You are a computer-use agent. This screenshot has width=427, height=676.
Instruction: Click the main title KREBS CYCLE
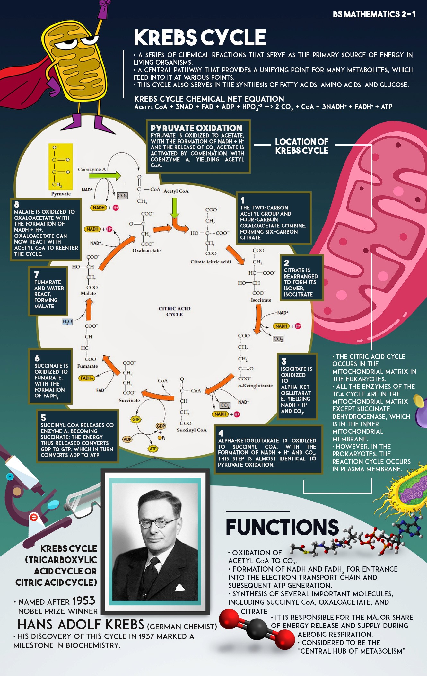point(200,37)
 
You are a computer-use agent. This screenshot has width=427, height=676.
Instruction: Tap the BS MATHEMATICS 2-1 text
point(374,14)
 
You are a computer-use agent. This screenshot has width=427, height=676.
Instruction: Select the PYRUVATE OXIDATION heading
point(196,128)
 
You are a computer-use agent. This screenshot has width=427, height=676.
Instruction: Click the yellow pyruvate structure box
point(60,166)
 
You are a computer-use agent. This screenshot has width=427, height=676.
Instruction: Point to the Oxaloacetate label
point(146,251)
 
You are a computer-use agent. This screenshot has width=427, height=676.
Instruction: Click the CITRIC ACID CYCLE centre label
point(174,311)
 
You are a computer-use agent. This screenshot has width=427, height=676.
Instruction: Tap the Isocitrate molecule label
point(261,300)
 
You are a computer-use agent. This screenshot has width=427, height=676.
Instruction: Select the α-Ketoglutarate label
point(255,386)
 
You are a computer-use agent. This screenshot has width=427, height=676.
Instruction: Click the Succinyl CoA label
point(192,430)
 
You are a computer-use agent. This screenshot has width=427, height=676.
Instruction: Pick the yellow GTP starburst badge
point(136,419)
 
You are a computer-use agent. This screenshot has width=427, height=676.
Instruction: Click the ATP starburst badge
point(153,449)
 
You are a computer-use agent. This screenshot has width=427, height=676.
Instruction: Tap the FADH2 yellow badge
point(87,378)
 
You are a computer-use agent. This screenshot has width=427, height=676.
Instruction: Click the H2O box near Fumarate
point(67,322)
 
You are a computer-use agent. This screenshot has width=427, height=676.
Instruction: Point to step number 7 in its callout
point(37,275)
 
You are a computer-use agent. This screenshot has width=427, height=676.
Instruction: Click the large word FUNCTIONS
point(282,527)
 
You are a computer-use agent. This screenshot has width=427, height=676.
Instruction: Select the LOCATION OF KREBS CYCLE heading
point(301,146)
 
